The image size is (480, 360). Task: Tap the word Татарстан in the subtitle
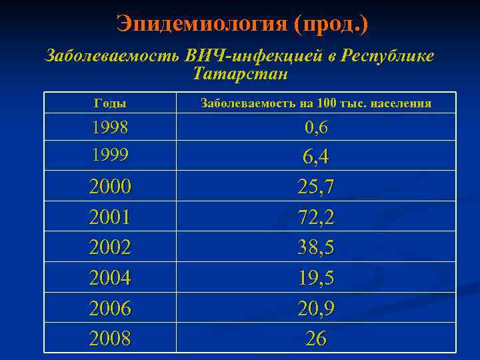point(240,73)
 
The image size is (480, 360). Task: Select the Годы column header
point(110,103)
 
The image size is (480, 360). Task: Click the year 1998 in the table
point(110,127)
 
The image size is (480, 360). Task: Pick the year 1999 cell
point(110,155)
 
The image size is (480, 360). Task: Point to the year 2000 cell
point(110,187)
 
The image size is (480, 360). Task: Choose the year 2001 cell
point(110,217)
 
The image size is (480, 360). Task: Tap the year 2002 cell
point(110,248)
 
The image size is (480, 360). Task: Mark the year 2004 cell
point(110,278)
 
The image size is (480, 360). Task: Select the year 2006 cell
point(110,309)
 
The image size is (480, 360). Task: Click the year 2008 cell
point(110,339)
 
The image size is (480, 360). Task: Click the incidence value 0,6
point(316,127)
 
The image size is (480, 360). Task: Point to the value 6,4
point(316,157)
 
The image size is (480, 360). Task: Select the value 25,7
point(316,187)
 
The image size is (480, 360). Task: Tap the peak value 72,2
point(316,217)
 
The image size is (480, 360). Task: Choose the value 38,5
point(316,248)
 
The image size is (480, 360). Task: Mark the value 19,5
point(316,278)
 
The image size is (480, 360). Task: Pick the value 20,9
point(316,309)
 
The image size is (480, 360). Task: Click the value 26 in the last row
point(316,339)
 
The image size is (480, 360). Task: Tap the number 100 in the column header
point(327,103)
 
